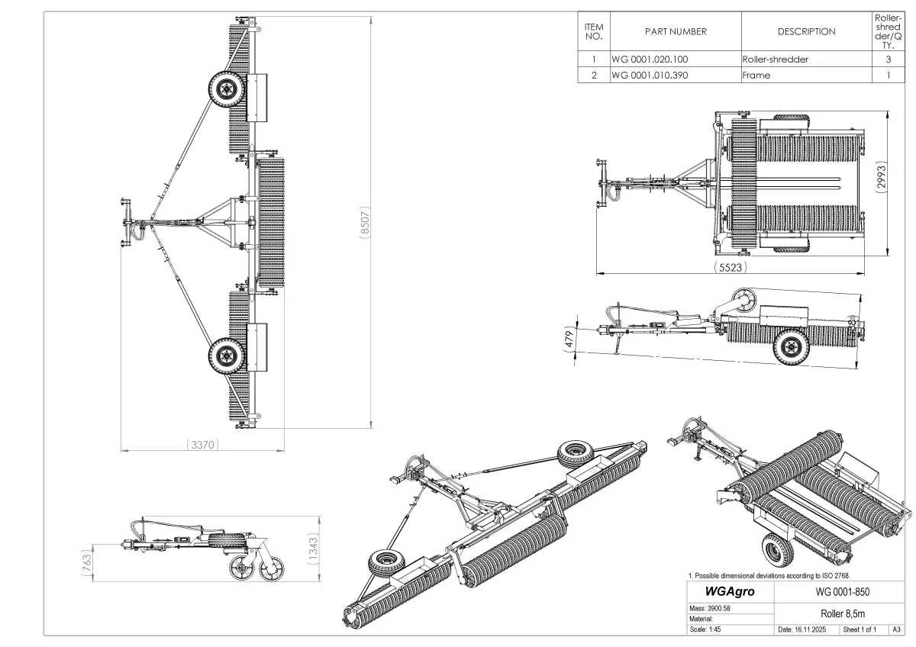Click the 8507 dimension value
pos(366,221)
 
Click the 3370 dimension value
pos(201,443)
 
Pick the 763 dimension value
pos(86,563)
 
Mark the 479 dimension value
pos(569,340)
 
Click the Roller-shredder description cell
pos(775,59)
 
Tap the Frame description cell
pos(756,76)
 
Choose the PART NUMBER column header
pos(676,31)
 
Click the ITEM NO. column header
pos(593,31)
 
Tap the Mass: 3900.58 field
pos(711,608)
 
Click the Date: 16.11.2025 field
pos(806,630)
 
